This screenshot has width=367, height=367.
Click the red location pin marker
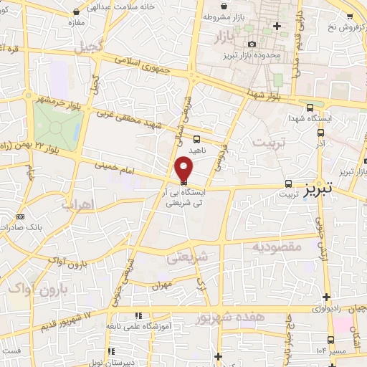184,168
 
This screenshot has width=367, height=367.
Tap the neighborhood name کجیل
92,47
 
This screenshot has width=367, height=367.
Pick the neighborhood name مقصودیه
272,247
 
